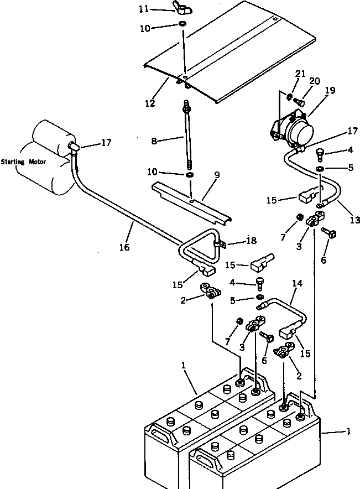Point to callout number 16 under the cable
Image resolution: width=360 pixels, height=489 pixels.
click(x=124, y=247)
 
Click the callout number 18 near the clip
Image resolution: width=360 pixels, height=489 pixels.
click(x=251, y=241)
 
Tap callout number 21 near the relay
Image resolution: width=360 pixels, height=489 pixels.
click(x=299, y=74)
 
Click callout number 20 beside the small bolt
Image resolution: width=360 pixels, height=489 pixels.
click(x=315, y=81)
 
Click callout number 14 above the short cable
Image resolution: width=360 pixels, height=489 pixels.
click(x=298, y=283)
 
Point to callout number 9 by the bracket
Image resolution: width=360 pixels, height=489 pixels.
click(x=217, y=175)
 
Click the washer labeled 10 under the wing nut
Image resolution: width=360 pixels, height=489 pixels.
click(x=182, y=25)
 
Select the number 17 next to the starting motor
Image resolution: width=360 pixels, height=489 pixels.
click(x=106, y=143)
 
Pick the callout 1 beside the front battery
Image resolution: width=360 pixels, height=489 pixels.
click(x=348, y=431)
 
